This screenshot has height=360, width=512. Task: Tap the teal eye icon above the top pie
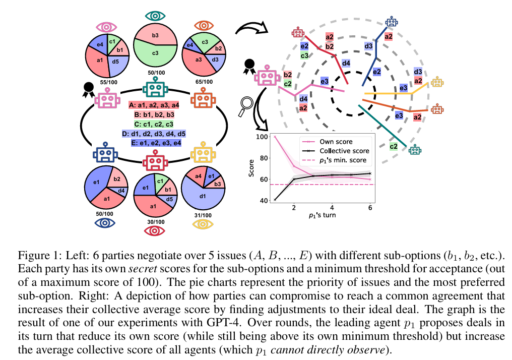pos(155,16)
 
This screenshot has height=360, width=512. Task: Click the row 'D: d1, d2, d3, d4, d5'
pos(155,134)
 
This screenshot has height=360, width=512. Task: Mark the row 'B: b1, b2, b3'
pos(155,114)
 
